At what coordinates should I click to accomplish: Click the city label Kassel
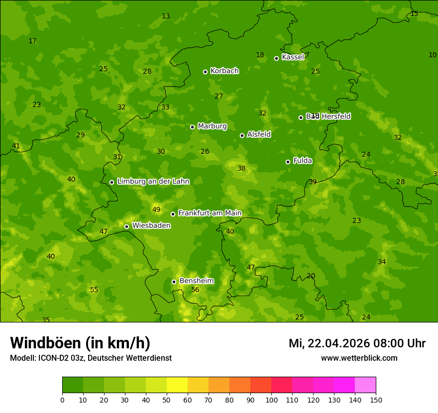click(293, 57)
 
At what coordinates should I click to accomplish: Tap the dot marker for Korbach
click(205, 72)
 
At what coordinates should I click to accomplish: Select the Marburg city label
click(212, 126)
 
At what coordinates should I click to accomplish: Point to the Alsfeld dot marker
click(242, 135)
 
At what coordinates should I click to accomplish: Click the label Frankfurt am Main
click(210, 213)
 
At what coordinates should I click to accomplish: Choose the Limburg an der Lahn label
click(153, 182)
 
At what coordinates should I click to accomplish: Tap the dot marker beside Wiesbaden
click(126, 226)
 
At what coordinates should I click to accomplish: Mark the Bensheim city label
click(196, 281)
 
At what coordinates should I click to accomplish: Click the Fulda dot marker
click(288, 162)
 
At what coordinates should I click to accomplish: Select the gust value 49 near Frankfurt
click(156, 210)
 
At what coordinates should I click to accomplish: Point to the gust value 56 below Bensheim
click(195, 290)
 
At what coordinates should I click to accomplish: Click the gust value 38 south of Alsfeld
click(241, 169)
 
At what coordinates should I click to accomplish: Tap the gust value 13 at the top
click(166, 16)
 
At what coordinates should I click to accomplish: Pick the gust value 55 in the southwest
click(94, 290)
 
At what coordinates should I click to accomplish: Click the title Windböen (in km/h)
click(80, 343)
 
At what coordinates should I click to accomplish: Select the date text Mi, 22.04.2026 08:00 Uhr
click(357, 343)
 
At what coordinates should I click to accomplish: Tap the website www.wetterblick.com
click(359, 358)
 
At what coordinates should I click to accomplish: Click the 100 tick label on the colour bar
click(271, 400)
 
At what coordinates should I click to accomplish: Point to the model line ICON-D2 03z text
click(91, 358)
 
